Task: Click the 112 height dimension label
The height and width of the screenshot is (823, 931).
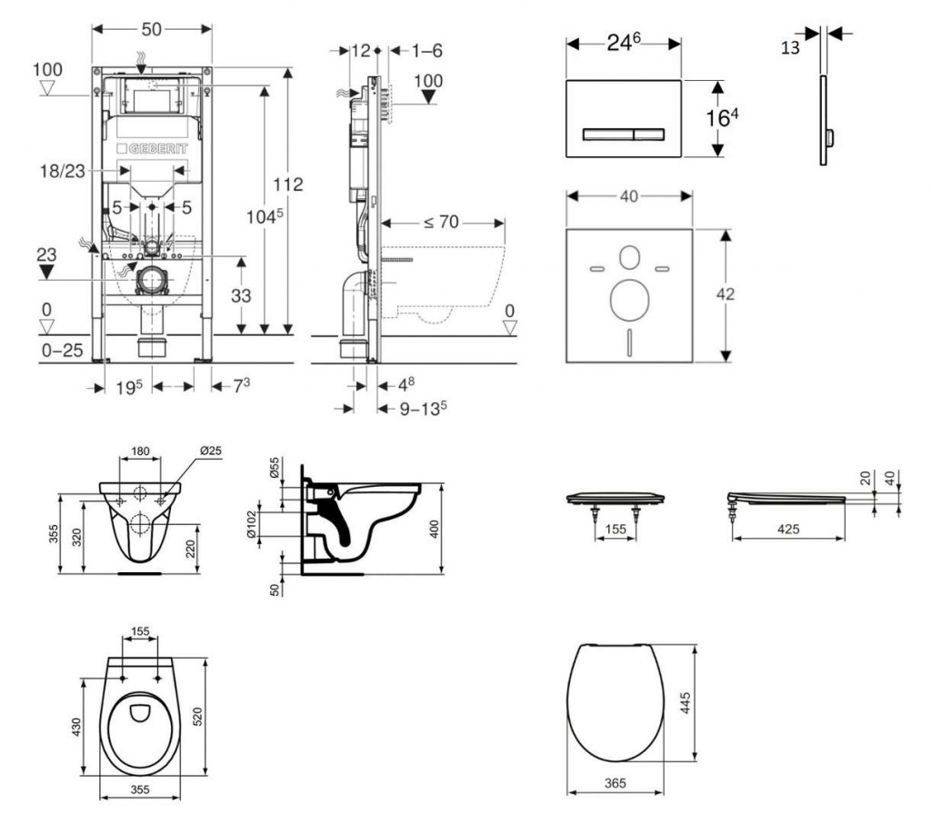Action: pyautogui.click(x=291, y=184)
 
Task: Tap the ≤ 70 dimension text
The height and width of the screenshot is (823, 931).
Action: pyautogui.click(x=440, y=221)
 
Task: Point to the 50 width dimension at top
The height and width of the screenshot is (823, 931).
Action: pyautogui.click(x=152, y=30)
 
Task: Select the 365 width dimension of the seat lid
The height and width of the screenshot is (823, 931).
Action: pyautogui.click(x=615, y=781)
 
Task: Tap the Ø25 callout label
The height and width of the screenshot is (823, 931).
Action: pyautogui.click(x=210, y=451)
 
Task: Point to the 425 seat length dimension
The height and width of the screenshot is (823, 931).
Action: pyautogui.click(x=788, y=529)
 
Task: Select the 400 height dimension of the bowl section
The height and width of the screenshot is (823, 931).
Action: pyautogui.click(x=435, y=529)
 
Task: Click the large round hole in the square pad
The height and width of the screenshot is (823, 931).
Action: pyautogui.click(x=628, y=300)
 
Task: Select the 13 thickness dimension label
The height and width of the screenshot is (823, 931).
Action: pyautogui.click(x=789, y=47)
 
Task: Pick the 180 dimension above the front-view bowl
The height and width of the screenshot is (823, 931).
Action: pyautogui.click(x=140, y=451)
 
